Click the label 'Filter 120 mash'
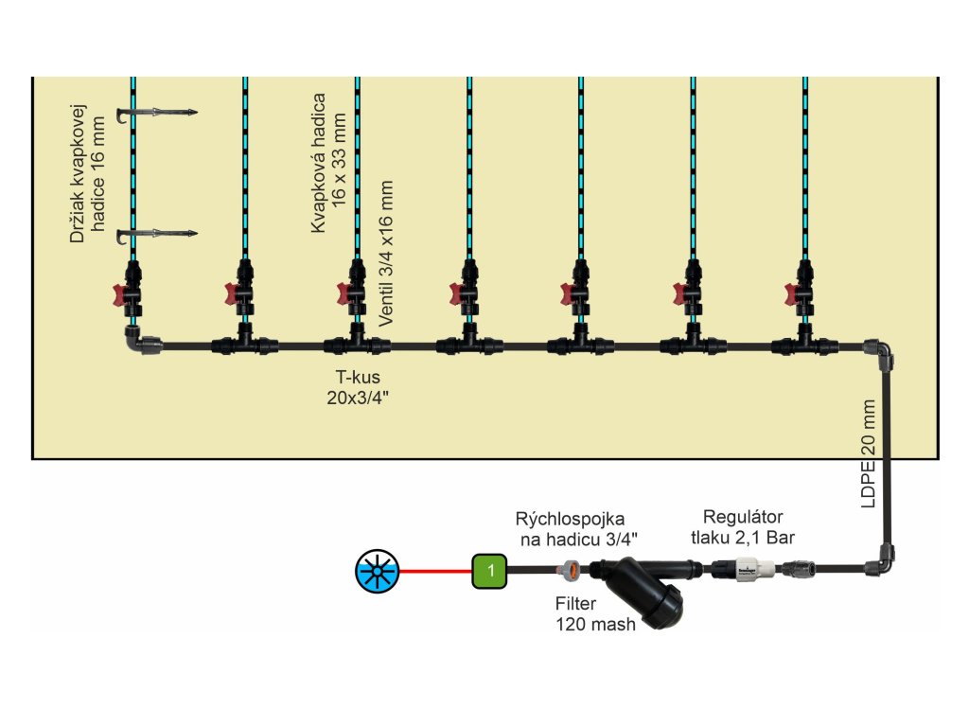tap(595, 614)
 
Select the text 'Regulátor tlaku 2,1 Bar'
tap(742, 527)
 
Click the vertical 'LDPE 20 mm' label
tap(869, 453)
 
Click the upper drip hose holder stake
tap(156, 114)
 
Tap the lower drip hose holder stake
tap(156, 233)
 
